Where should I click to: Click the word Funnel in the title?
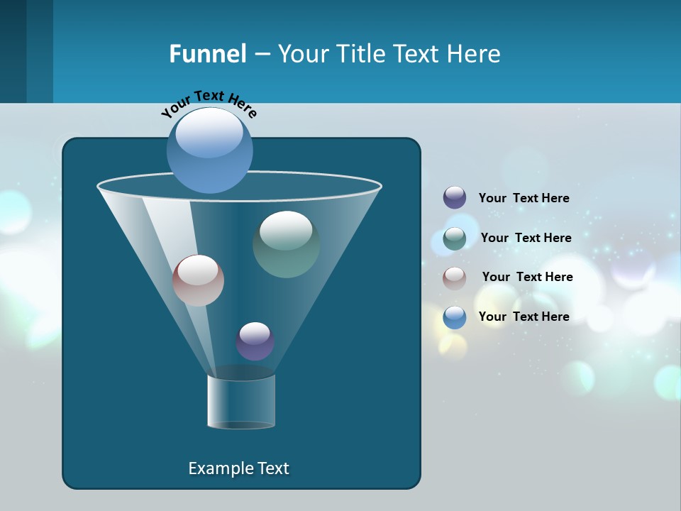tap(207, 54)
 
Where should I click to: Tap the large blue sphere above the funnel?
tap(210, 150)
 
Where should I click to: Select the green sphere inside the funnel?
tap(286, 244)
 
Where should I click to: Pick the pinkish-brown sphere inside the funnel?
tap(198, 280)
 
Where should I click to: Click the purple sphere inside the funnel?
tap(255, 341)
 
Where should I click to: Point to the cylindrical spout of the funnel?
tap(241, 402)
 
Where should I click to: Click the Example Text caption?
tap(238, 468)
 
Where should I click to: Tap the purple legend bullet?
tap(455, 198)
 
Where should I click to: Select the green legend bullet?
tap(455, 238)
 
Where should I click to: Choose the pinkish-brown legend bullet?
tap(455, 278)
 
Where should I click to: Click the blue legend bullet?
tap(455, 317)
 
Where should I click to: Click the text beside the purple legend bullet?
tap(524, 198)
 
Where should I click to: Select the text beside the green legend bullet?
tap(526, 238)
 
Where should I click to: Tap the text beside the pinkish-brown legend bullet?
tap(527, 277)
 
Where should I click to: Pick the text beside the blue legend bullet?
tap(524, 317)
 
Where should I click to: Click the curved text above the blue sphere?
tap(209, 102)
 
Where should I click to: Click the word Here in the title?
tap(475, 54)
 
